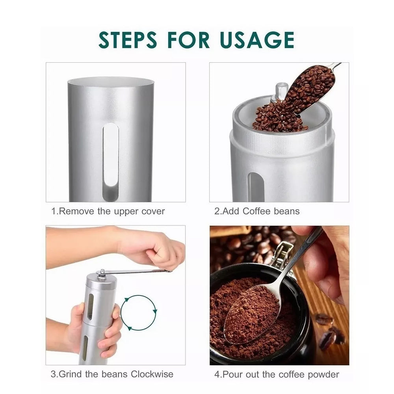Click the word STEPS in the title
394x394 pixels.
click(x=128, y=40)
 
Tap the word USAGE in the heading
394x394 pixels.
click(x=257, y=40)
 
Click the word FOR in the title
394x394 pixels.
click(x=188, y=40)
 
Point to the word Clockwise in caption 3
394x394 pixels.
click(x=152, y=374)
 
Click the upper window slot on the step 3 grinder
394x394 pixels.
click(x=90, y=307)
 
